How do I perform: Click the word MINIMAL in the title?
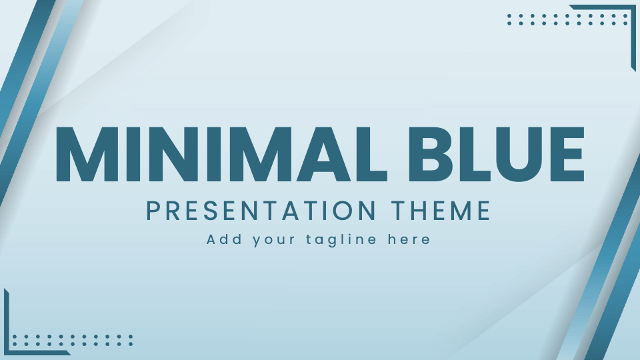[221, 154]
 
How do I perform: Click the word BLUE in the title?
[496, 154]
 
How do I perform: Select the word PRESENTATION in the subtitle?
[261, 211]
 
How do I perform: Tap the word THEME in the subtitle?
[441, 211]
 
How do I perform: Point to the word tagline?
[341, 240]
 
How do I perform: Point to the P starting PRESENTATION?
[153, 211]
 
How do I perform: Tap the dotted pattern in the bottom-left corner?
[73, 341]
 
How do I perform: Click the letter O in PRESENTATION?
[354, 211]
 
